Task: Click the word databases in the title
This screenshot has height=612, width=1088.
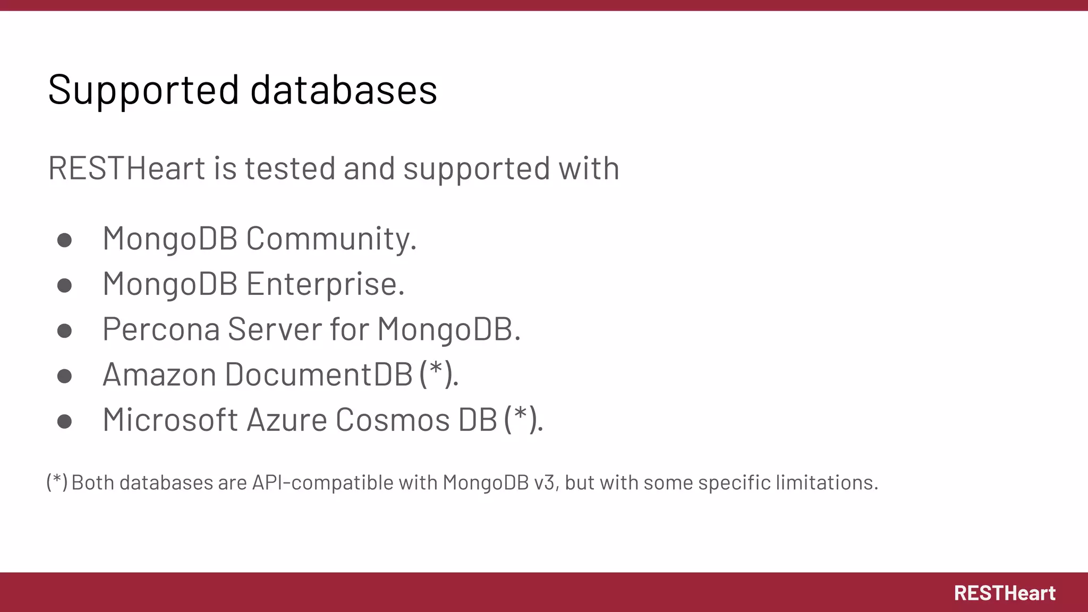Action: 344,90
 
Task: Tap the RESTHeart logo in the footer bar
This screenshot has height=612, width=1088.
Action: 1005,593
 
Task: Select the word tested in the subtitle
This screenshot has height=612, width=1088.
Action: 290,168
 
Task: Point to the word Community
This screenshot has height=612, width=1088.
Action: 330,239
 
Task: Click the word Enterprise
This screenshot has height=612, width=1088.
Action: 325,284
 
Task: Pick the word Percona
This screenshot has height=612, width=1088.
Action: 161,329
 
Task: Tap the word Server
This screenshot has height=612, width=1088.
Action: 275,329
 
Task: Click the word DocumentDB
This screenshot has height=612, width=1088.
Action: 319,374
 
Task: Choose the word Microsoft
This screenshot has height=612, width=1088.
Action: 170,420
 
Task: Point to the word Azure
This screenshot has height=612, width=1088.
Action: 287,420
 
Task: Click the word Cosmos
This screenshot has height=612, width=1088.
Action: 393,420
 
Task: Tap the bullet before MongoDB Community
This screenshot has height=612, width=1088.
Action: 64,240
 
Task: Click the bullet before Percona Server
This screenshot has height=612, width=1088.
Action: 64,331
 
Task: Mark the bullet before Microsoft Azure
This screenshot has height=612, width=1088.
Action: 64,422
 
